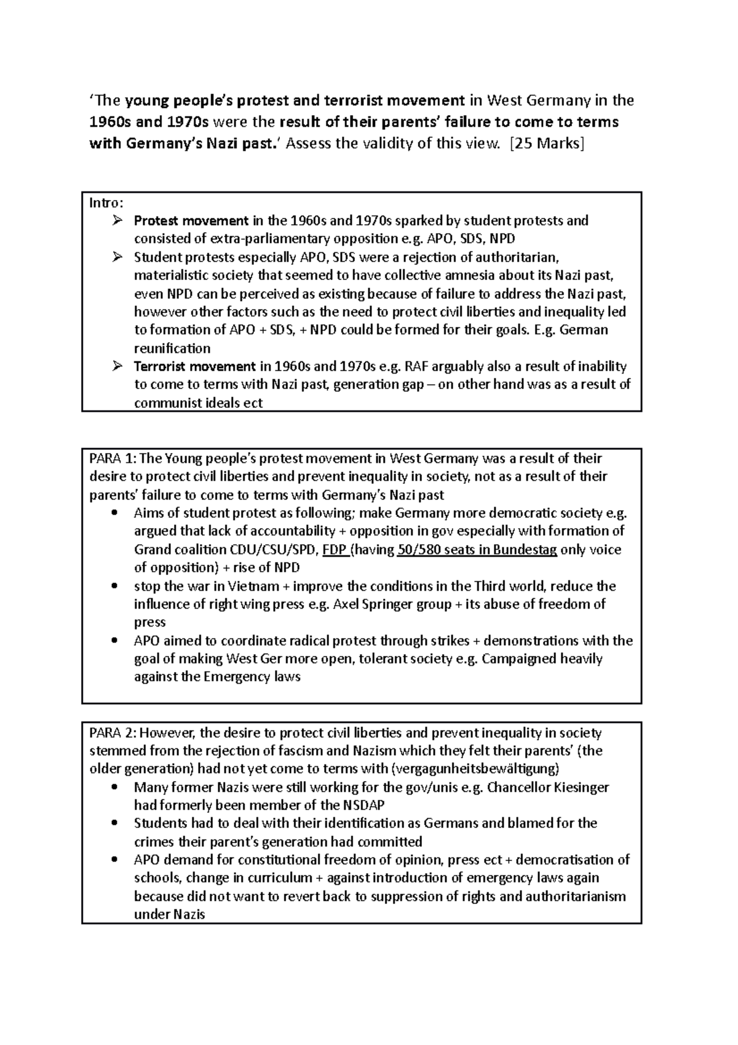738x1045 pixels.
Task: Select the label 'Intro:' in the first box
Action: pyautogui.click(x=106, y=202)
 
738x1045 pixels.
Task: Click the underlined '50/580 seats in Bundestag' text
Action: pyautogui.click(x=477, y=550)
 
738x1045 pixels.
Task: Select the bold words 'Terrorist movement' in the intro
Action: pyautogui.click(x=194, y=367)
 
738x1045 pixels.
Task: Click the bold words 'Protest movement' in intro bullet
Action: pyautogui.click(x=191, y=221)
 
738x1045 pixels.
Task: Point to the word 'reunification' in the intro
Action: pyautogui.click(x=172, y=348)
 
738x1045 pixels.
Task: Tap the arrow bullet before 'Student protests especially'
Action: pyautogui.click(x=117, y=257)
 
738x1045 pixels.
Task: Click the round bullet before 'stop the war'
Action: pyautogui.click(x=114, y=587)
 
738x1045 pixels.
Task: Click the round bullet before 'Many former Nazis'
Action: pyautogui.click(x=114, y=788)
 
